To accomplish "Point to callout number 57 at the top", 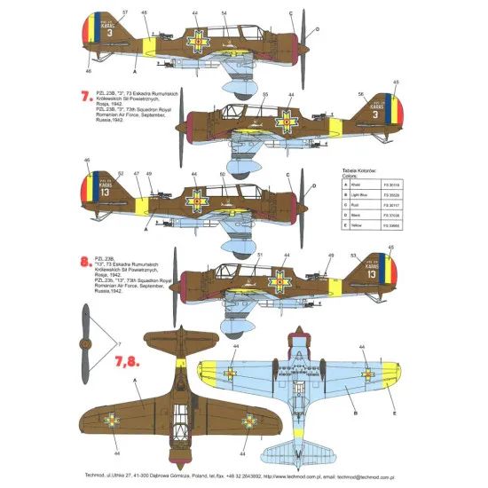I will [124, 12].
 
